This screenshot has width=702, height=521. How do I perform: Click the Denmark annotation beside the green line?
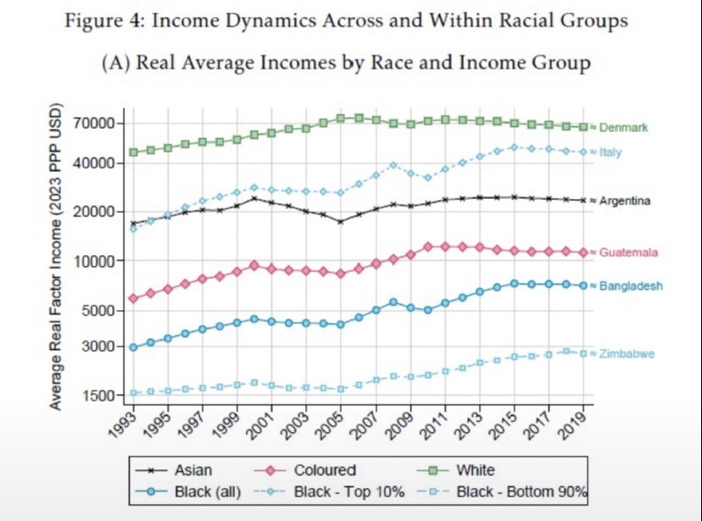(623, 127)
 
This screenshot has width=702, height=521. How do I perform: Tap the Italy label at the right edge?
(610, 152)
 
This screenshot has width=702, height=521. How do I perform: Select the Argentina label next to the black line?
(625, 201)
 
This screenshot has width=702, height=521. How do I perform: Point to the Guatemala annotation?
(628, 252)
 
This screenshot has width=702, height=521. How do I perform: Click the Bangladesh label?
(631, 285)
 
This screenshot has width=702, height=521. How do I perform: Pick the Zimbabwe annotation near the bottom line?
(627, 354)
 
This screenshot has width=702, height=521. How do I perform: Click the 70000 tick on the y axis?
(94, 123)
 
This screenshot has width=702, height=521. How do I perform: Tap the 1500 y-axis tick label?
(98, 396)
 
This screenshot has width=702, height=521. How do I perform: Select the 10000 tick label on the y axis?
(94, 261)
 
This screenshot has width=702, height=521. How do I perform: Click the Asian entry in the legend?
(193, 470)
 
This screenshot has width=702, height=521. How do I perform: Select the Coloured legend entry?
(325, 470)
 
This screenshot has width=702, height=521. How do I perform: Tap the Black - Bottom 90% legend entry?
(521, 492)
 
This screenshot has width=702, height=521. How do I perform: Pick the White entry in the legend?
(476, 470)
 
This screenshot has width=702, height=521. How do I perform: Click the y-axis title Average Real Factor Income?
(55, 257)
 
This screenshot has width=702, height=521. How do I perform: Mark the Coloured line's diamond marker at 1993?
(133, 298)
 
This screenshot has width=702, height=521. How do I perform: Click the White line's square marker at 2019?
(583, 127)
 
